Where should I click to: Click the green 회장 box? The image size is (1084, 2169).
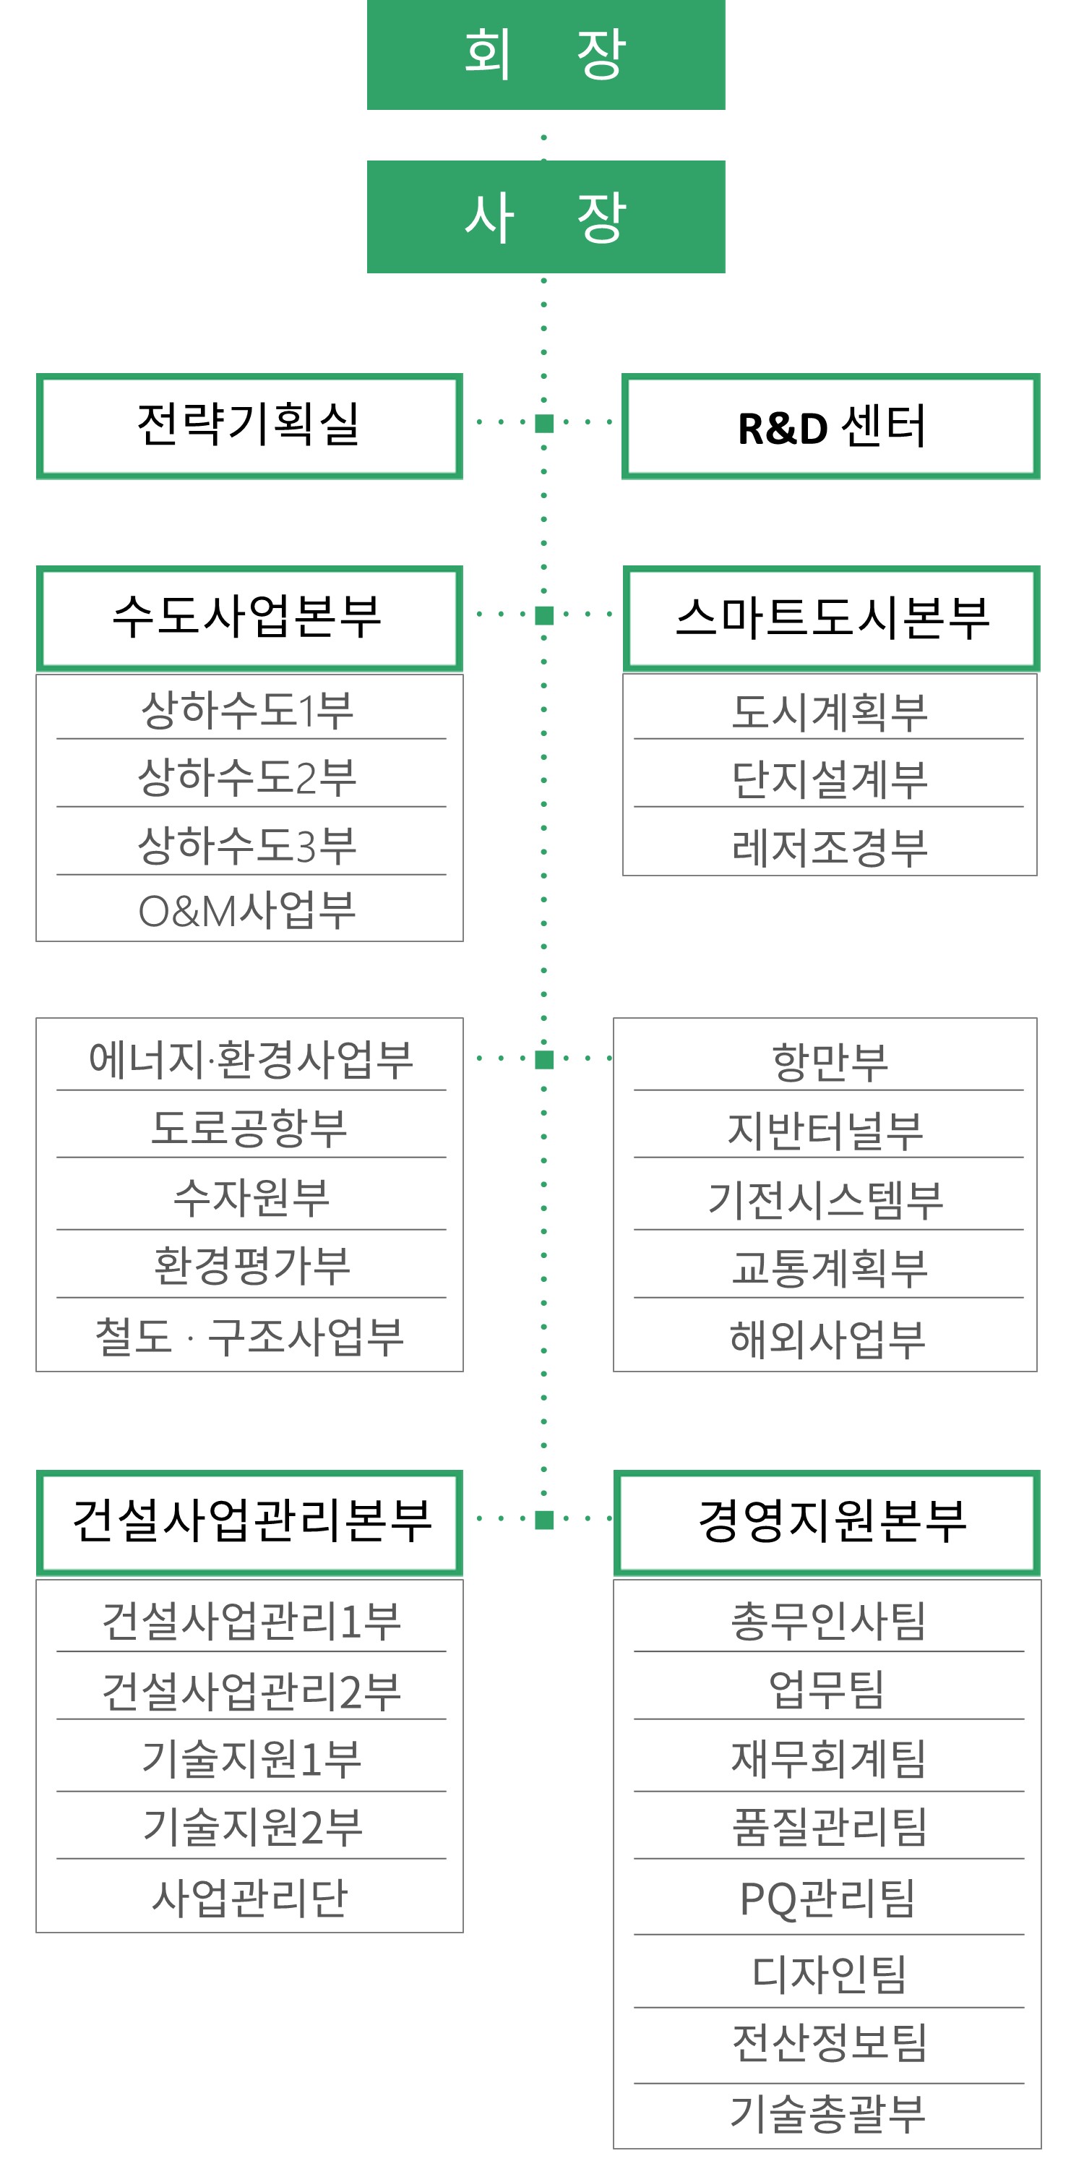pos(546,55)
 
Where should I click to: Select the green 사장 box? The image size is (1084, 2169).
pos(546,216)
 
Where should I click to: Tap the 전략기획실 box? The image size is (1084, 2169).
pos(249,426)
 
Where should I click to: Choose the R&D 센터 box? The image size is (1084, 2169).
pos(830,426)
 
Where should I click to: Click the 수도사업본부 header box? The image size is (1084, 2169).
pos(249,618)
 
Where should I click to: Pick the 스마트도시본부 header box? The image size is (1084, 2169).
pos(830,618)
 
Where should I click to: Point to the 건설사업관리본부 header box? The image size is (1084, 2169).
pos(249,1523)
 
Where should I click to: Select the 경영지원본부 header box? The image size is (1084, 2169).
pos(827,1523)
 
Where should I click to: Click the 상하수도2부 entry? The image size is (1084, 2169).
pos(247,777)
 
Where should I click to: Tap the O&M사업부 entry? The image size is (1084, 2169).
pos(247,910)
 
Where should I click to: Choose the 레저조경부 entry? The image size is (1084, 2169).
pos(830,847)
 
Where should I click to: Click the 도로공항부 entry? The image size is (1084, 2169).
pos(249,1127)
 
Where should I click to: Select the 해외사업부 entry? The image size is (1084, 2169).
pos(828,1339)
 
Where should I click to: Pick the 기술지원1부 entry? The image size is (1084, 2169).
pos(251,1758)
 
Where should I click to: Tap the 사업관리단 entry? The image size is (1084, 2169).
pos(249,1897)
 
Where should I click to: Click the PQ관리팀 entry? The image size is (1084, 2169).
pos(827,1899)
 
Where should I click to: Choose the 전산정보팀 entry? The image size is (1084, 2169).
pos(830,2042)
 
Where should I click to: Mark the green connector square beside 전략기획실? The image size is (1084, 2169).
pos(544,423)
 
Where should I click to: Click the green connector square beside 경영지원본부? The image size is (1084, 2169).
pos(544,1520)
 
